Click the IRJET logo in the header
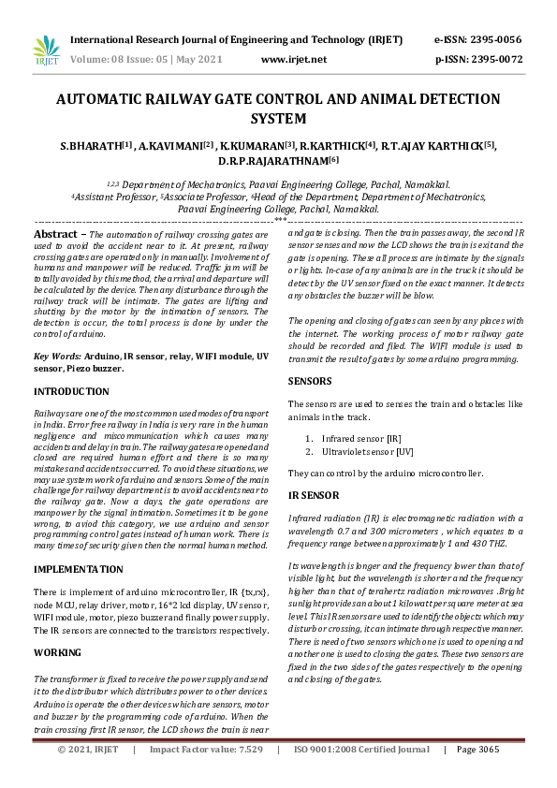coord(45,51)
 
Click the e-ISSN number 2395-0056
coord(492,41)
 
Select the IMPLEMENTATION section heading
coord(78,569)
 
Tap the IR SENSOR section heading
coord(314,493)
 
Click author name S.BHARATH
coord(89,147)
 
